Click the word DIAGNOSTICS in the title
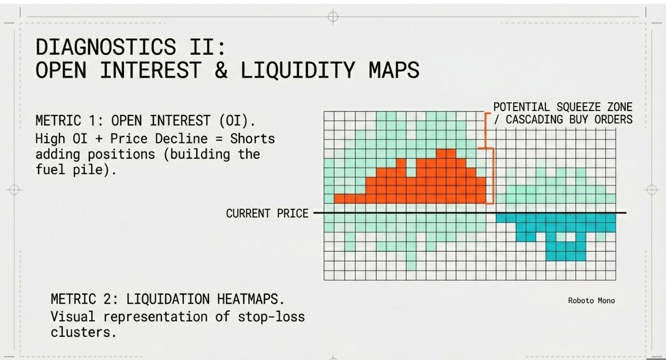coord(106,47)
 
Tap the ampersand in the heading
coord(221,70)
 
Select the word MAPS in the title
coord(394,70)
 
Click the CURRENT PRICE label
coord(267,213)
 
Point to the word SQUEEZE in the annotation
coord(575,107)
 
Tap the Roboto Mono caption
coord(591,300)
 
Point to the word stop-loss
coord(271,316)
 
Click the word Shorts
coord(252,139)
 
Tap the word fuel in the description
coord(50,169)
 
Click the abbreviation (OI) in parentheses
coord(234,121)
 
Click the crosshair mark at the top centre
coord(332,16)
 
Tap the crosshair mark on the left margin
coord(14,190)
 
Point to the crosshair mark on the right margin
coord(651,190)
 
